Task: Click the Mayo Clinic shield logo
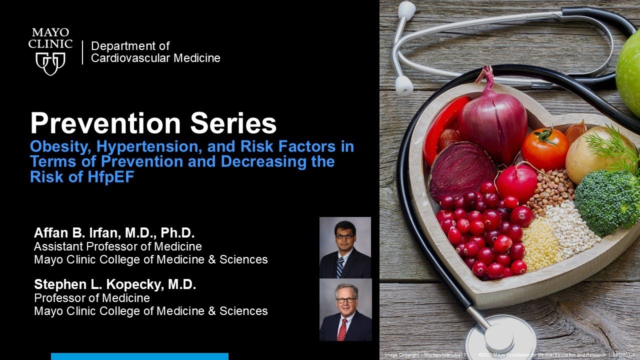50,63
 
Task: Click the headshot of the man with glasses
345,309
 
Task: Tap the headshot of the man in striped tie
345,247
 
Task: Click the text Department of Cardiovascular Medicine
155,52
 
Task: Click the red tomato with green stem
545,148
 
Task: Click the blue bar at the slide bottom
139,356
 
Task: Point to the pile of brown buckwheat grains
550,190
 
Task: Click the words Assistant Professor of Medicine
118,246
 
